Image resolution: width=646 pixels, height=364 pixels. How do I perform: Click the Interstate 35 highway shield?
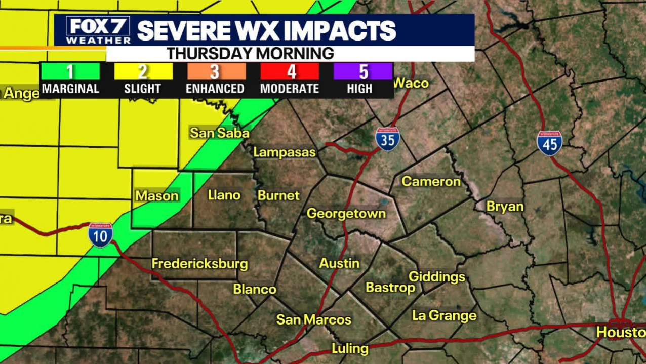tap(387, 139)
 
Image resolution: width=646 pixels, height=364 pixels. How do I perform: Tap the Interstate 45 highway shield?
tap(549, 143)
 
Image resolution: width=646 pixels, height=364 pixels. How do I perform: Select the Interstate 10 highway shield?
tap(100, 235)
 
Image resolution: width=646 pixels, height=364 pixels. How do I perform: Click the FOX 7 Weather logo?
tap(98, 30)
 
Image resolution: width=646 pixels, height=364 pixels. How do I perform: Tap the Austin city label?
tap(339, 263)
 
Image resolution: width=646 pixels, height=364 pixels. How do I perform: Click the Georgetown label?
tap(346, 214)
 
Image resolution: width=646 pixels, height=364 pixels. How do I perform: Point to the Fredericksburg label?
tap(200, 264)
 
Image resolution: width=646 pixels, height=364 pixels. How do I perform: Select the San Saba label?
tap(220, 133)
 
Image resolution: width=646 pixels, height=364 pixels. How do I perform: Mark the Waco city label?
tap(411, 83)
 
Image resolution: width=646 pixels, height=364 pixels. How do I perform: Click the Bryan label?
tap(505, 207)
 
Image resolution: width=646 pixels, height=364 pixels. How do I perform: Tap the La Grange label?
tap(444, 315)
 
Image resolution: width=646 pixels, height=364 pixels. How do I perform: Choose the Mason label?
tap(157, 196)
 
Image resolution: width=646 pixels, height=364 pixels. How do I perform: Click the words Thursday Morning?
tap(250, 54)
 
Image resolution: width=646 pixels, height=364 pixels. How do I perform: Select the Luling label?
tap(350, 348)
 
